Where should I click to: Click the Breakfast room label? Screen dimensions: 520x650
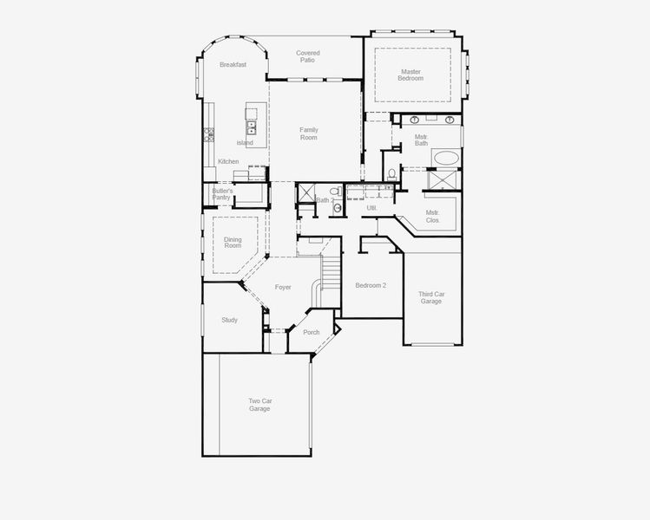pyautogui.click(x=233, y=65)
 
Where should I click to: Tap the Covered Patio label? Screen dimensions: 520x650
pyautogui.click(x=308, y=56)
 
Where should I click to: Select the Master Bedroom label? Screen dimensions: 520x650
pyautogui.click(x=411, y=75)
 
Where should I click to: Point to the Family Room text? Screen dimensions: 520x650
pyautogui.click(x=309, y=133)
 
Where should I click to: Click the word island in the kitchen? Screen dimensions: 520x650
pyautogui.click(x=245, y=143)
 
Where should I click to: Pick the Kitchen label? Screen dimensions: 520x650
pyautogui.click(x=228, y=161)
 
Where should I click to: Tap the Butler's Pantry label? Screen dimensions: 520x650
pyautogui.click(x=221, y=193)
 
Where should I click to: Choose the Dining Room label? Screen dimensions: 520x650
pyautogui.click(x=233, y=242)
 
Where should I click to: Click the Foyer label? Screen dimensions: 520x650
pyautogui.click(x=283, y=287)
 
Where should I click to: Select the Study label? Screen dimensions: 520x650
pyautogui.click(x=229, y=320)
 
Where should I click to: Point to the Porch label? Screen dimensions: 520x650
pyautogui.click(x=312, y=332)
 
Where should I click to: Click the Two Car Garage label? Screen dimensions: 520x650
pyautogui.click(x=259, y=405)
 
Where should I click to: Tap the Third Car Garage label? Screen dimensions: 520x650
pyautogui.click(x=431, y=297)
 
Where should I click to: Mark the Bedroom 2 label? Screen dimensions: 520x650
pyautogui.click(x=371, y=285)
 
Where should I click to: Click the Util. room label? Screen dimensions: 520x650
pyautogui.click(x=371, y=208)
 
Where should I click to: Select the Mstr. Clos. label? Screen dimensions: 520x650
pyautogui.click(x=433, y=217)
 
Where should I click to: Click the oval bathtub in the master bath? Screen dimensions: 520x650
pyautogui.click(x=447, y=158)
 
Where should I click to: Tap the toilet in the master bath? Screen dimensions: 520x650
pyautogui.click(x=392, y=175)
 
